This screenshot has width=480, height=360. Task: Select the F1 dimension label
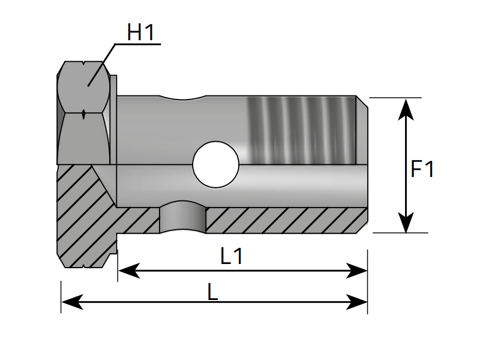pos(422,169)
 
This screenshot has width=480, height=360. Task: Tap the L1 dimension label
pos(232,257)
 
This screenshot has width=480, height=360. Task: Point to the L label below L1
pos(212,292)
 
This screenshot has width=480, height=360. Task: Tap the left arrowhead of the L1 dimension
pos(127,272)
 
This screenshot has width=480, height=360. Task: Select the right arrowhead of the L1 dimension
pos(358,272)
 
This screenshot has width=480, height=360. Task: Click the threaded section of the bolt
pos(300,129)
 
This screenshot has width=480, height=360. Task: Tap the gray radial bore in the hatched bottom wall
pos(183,219)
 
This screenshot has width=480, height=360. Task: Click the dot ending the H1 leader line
pos(88,85)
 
